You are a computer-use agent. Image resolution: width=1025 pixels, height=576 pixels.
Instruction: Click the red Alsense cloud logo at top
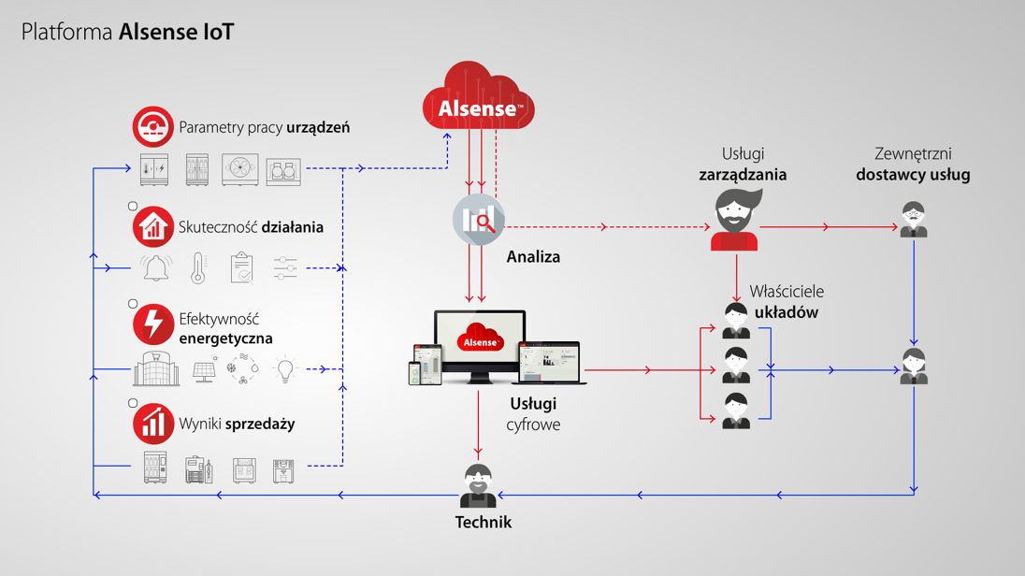(x=479, y=98)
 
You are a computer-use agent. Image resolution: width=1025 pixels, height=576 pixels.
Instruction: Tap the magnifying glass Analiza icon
(x=479, y=221)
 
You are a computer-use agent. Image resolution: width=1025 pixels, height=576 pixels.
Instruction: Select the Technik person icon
(x=478, y=486)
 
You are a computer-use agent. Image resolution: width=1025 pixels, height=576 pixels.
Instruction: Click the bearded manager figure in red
(x=736, y=221)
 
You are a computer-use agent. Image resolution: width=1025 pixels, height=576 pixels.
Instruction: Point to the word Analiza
(x=533, y=257)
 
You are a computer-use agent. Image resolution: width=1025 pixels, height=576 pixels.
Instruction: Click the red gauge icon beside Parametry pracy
(x=152, y=127)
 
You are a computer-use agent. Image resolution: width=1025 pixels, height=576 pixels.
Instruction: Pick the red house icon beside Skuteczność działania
(x=152, y=227)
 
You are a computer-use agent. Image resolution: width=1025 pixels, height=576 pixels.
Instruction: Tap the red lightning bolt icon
(x=152, y=324)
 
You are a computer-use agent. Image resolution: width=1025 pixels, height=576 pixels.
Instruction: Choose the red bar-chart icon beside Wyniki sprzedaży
(x=152, y=424)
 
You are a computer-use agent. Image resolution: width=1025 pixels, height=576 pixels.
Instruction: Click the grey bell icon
(x=156, y=269)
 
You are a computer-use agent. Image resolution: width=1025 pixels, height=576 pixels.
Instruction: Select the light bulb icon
(x=284, y=370)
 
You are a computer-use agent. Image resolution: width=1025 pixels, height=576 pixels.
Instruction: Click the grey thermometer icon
(x=198, y=268)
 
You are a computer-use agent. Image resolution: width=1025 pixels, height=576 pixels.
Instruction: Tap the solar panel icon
(x=204, y=371)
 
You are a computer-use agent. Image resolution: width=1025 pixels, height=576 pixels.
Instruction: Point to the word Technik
(x=484, y=523)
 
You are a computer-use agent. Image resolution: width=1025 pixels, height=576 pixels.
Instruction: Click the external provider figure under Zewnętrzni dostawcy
(x=914, y=221)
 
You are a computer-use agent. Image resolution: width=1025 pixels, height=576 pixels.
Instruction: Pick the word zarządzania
(x=743, y=175)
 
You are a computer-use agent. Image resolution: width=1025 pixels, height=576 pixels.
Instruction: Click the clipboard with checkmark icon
(x=242, y=268)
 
